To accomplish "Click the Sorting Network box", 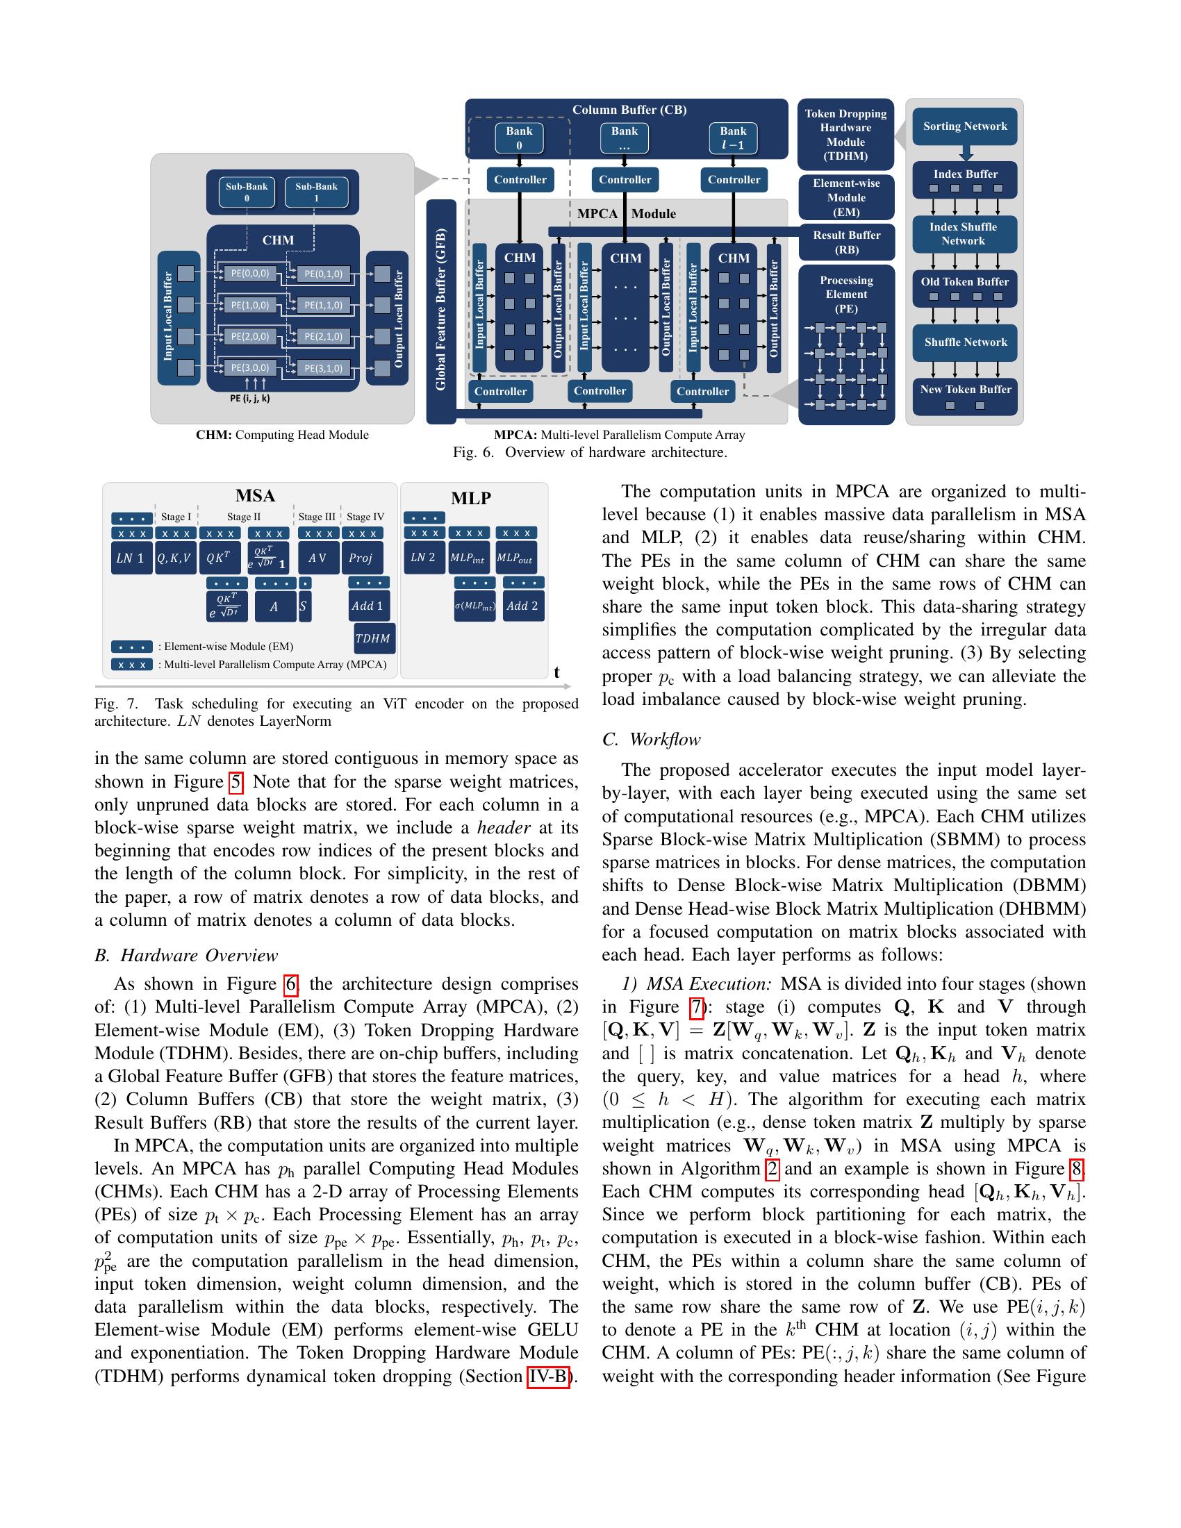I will click(x=965, y=126).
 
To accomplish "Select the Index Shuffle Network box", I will click(x=964, y=234).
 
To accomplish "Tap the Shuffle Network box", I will click(x=965, y=342).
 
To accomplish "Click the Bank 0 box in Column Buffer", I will click(x=519, y=138).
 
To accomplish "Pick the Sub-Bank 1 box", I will click(x=316, y=192).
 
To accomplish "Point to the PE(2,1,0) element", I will click(x=323, y=337).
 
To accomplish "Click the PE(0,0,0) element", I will click(x=250, y=274).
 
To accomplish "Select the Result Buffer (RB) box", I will click(x=846, y=242).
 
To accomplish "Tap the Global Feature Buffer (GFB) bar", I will click(x=440, y=310).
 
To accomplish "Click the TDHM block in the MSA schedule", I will click(x=372, y=638).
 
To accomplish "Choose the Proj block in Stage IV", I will click(x=361, y=558).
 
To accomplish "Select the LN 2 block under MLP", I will click(x=422, y=558).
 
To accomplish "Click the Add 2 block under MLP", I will click(x=522, y=606).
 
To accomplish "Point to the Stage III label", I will click(x=316, y=517).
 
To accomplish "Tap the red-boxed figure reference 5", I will click(x=236, y=781).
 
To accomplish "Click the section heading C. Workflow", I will click(x=652, y=740).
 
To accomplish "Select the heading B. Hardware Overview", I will click(x=186, y=956).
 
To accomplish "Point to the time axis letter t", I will click(x=556, y=672).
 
